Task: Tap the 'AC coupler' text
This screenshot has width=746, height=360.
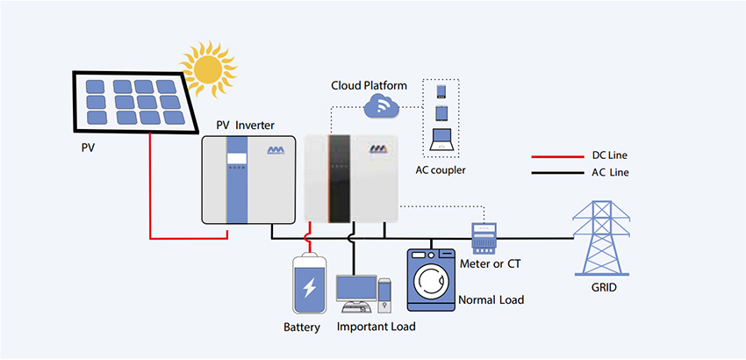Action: (x=441, y=169)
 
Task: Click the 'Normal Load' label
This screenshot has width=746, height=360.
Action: (x=491, y=300)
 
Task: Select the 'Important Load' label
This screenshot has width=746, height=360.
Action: (x=376, y=327)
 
